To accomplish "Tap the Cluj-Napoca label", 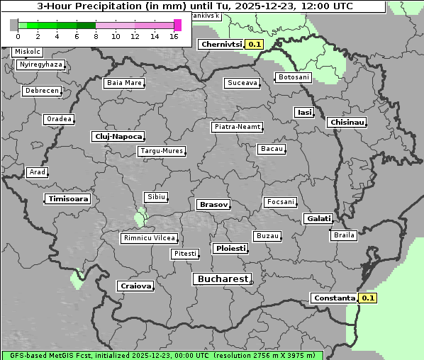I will click(x=118, y=136).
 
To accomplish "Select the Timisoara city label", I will click(x=68, y=199).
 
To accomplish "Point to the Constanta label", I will click(x=333, y=298).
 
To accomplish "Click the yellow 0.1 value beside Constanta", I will click(x=368, y=298).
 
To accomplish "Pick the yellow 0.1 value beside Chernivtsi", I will click(x=255, y=44).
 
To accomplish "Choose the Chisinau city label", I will click(x=347, y=123).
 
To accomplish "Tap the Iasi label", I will click(x=304, y=113).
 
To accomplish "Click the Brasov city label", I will click(x=213, y=204).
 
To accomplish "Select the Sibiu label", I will click(x=155, y=196).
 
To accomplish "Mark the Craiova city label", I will click(x=135, y=286).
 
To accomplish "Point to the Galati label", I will click(x=318, y=219).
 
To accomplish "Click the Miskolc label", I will click(x=28, y=52).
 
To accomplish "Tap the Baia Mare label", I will click(x=124, y=83).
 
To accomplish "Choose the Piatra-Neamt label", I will click(x=238, y=127).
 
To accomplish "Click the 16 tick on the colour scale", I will click(x=174, y=36).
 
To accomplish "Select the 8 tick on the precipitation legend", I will click(x=96, y=36).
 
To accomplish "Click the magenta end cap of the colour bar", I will click(x=177, y=25).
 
